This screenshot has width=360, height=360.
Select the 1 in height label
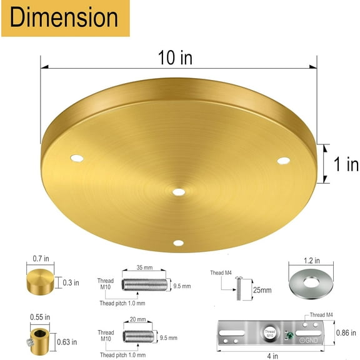[x=344, y=164]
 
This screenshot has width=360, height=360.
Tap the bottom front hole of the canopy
[x=177, y=243]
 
